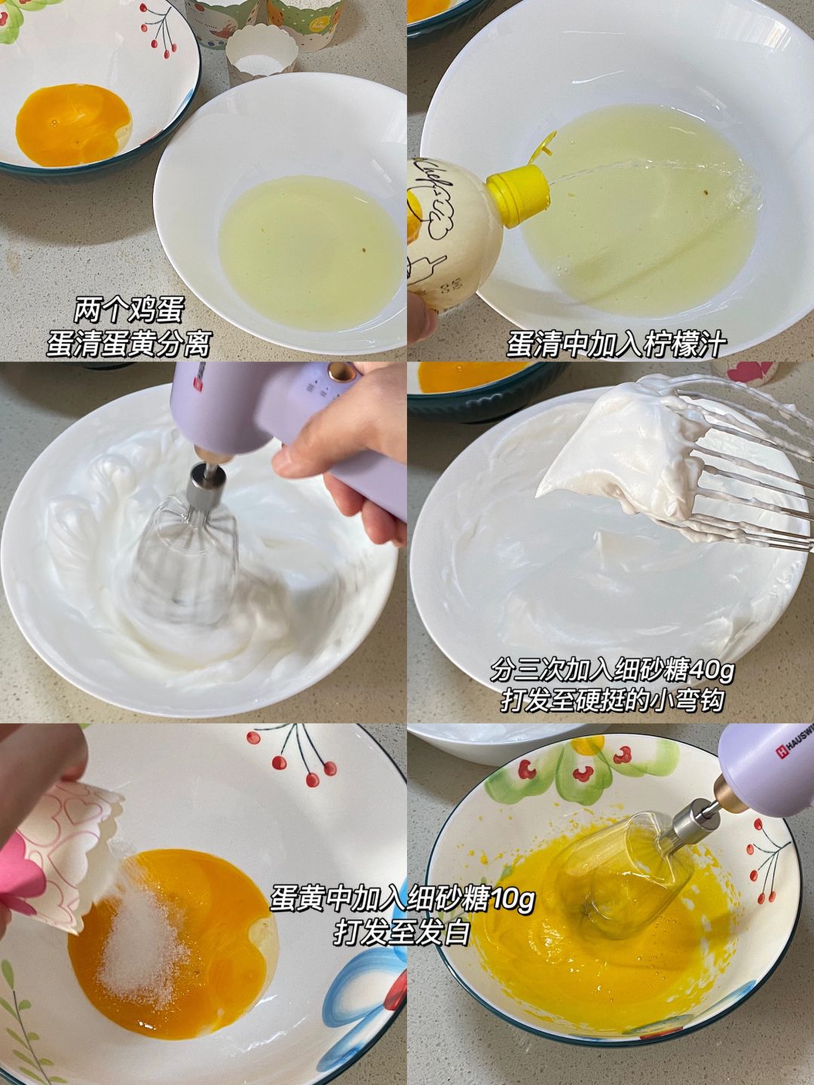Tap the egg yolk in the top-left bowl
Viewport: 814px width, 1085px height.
tap(74, 125)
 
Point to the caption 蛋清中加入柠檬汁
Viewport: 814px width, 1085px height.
tap(617, 344)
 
